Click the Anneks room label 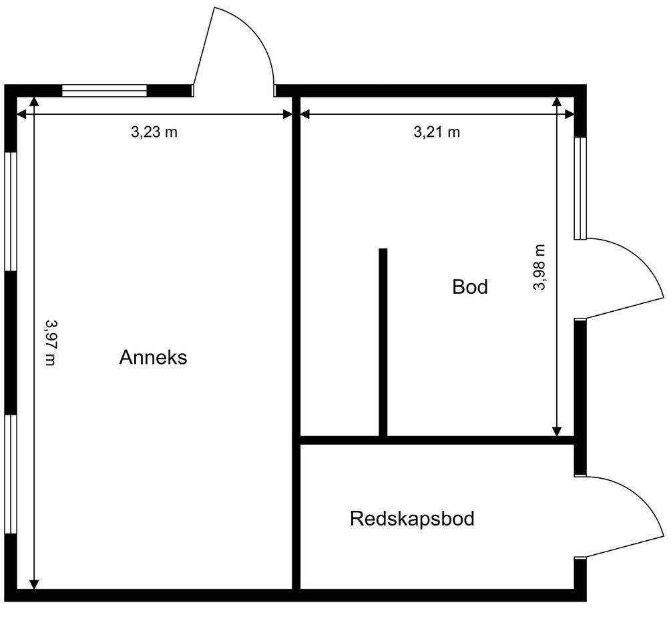[153, 357]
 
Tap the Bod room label [470, 287]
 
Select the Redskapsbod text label [412, 519]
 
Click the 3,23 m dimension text [154, 132]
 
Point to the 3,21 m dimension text [437, 132]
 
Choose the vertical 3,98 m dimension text [539, 267]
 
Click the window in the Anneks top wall [104, 91]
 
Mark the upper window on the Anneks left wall [10, 212]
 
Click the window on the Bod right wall [580, 188]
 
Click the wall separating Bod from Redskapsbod [437, 440]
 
